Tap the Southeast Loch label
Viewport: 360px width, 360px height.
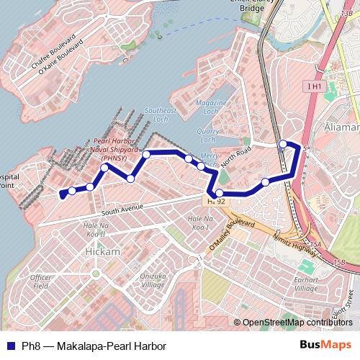tap(161, 114)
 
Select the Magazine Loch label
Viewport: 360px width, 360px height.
tap(211, 108)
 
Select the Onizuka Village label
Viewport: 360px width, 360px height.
tap(153, 280)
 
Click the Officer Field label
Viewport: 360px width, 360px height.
tap(40, 281)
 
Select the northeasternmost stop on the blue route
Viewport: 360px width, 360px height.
tap(283, 144)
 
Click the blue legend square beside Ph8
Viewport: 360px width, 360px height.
tap(8, 345)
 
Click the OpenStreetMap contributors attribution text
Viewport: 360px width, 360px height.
tap(297, 323)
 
